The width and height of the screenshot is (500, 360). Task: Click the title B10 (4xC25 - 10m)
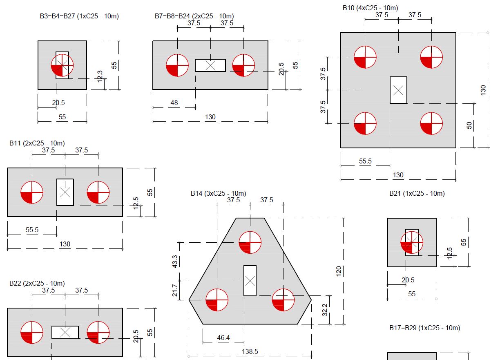click(370, 8)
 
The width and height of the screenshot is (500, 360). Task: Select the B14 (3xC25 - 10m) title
click(218, 193)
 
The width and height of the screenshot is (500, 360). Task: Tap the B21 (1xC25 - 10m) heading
click(417, 193)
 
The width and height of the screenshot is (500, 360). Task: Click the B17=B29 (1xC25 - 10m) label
click(424, 328)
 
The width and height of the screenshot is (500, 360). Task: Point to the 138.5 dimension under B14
click(250, 351)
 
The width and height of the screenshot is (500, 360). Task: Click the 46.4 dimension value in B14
click(223, 338)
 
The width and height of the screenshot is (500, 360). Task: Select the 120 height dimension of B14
click(339, 271)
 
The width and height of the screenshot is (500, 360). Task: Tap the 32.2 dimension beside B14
click(325, 310)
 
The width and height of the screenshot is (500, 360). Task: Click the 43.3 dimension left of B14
click(175, 262)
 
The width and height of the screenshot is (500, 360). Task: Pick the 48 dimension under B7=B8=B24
click(174, 103)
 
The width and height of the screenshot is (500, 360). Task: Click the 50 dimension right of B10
click(469, 125)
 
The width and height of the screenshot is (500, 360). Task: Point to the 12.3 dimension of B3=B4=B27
click(100, 76)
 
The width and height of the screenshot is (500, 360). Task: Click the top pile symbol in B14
click(250, 242)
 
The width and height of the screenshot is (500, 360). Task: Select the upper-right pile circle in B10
click(431, 57)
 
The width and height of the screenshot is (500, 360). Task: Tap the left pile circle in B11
click(32, 192)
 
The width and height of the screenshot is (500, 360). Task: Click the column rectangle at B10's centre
click(398, 90)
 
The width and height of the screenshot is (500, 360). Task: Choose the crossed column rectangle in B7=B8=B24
click(210, 65)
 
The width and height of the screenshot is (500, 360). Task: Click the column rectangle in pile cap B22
click(65, 332)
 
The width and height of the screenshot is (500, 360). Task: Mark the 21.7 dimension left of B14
click(175, 290)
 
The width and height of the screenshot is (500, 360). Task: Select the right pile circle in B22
click(98, 332)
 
